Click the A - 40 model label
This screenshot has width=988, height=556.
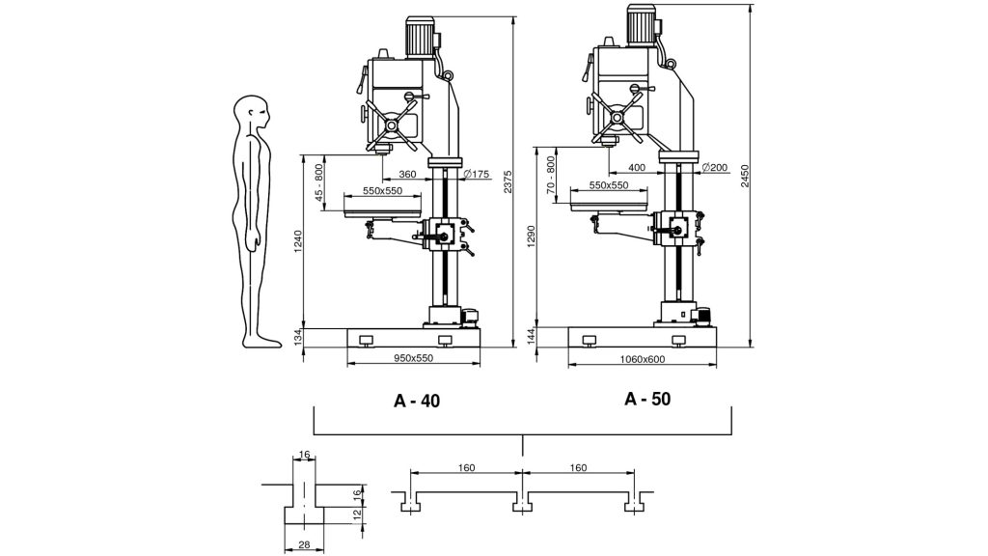tap(417, 401)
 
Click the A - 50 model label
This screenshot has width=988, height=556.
tap(647, 399)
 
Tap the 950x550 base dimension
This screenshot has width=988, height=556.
tap(413, 358)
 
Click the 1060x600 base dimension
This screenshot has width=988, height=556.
tap(642, 359)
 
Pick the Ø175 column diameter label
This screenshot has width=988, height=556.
tap(477, 174)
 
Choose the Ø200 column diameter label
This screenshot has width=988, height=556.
tap(715, 168)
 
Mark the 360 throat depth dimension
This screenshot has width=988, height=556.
tap(408, 174)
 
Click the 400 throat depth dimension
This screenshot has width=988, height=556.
tap(637, 168)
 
